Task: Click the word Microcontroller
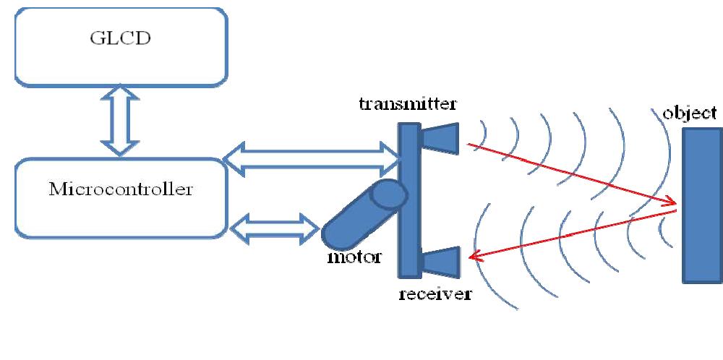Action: (x=121, y=190)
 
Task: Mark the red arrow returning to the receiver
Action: (x=571, y=233)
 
